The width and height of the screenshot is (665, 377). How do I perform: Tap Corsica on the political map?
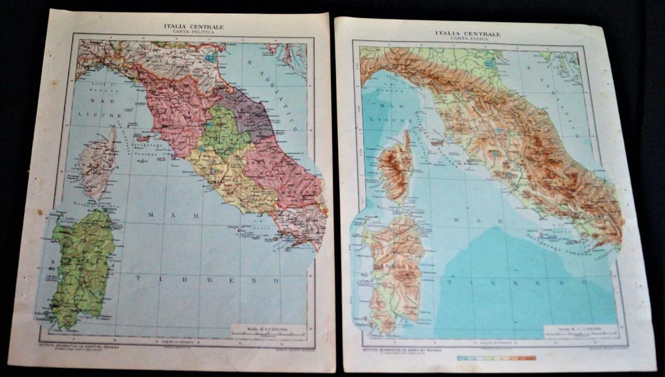coord(97,163)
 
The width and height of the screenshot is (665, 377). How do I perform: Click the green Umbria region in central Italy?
coord(225,131)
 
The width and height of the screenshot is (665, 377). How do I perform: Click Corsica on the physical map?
coord(398,168)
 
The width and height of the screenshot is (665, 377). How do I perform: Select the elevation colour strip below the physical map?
coord(497,358)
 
